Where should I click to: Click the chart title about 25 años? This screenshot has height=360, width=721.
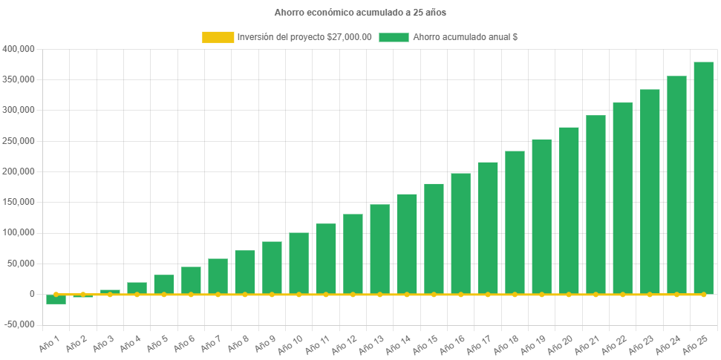click(360, 13)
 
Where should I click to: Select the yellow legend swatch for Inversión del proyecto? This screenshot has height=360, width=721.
click(217, 37)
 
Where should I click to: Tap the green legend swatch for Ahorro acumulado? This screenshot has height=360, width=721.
click(394, 37)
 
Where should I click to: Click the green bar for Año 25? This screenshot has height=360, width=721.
click(703, 178)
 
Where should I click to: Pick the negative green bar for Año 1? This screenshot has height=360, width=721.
click(56, 299)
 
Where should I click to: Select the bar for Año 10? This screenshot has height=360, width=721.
click(298, 264)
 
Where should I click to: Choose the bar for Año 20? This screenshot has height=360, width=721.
click(569, 211)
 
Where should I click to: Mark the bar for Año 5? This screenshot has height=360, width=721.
click(163, 284)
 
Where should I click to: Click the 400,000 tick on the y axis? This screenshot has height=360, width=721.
click(19, 49)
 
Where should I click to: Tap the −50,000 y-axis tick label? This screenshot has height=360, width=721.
click(19, 324)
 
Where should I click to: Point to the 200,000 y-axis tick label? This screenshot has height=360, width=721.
click(19, 171)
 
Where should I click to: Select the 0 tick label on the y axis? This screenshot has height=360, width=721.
click(31, 294)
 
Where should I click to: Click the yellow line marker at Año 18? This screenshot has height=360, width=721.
click(515, 295)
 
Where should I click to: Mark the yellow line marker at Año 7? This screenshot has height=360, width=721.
click(218, 295)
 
